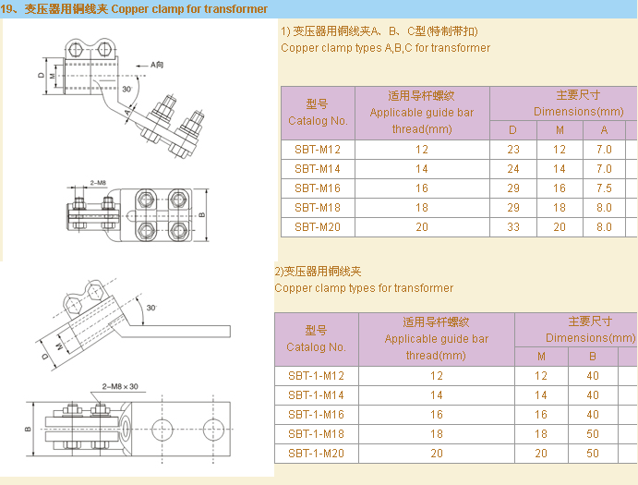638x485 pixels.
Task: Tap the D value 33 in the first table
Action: (513, 226)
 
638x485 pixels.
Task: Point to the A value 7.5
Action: (604, 188)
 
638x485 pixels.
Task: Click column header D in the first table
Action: (513, 129)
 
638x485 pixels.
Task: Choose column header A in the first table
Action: (604, 129)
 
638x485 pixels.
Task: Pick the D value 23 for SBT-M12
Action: (513, 149)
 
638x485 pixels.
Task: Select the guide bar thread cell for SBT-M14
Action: (422, 168)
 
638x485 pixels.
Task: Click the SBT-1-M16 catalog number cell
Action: (316, 415)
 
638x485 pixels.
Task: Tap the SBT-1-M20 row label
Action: (316, 454)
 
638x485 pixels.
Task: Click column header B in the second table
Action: (593, 356)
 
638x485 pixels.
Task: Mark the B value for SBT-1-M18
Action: (593, 434)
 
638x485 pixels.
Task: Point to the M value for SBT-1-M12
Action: (541, 376)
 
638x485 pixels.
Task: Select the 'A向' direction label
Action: (156, 66)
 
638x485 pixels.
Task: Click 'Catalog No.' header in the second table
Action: (316, 347)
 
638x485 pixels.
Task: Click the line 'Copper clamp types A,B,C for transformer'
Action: (385, 48)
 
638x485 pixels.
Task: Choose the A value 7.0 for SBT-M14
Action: (604, 168)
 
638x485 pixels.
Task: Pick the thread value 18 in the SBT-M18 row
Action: (422, 207)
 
